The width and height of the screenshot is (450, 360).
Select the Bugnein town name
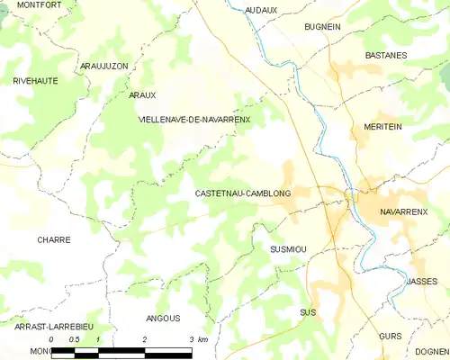322,28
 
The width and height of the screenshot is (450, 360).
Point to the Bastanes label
386,55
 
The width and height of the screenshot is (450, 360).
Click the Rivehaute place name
35,81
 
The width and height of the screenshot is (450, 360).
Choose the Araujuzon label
106,67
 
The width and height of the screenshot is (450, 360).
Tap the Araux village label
142,94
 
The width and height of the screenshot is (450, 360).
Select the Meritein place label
382,128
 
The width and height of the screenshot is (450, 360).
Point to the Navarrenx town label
403,211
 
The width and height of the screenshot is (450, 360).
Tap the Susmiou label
288,247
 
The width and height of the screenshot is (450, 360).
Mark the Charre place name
53,240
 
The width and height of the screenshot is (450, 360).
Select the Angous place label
163,319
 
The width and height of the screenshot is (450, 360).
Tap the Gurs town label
390,335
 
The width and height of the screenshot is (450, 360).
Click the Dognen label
432,352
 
